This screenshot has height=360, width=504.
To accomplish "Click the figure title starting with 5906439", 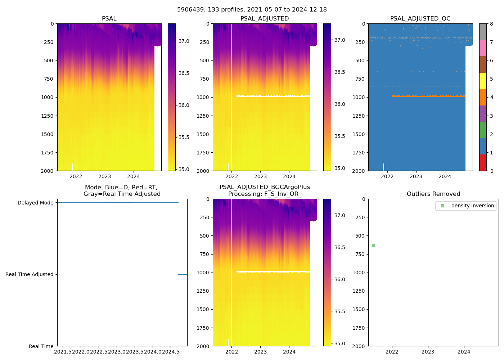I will (x=252, y=10).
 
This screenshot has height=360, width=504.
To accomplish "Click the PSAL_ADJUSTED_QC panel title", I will (x=420, y=19).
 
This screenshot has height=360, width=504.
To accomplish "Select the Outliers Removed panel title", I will (x=433, y=194).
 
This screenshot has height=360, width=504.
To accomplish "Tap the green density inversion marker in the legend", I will (x=443, y=206).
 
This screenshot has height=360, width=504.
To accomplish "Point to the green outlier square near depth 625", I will (x=373, y=245).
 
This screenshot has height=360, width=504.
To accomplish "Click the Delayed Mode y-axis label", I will (x=35, y=203).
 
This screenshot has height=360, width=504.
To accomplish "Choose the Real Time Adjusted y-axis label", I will (x=29, y=274).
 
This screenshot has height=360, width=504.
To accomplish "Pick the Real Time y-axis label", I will (x=41, y=346).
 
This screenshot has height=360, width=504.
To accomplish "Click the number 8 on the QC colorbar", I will (x=491, y=24).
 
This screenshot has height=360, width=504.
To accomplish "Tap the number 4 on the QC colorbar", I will (x=491, y=97).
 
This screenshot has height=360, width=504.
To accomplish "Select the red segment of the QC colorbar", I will (x=483, y=162).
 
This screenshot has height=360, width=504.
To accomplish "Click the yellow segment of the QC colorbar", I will (x=483, y=81).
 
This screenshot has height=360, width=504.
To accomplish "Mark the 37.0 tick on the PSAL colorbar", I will (x=184, y=41).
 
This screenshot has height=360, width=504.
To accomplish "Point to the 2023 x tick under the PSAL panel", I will (x=105, y=176).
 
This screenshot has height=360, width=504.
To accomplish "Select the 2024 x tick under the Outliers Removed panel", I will (x=464, y=352).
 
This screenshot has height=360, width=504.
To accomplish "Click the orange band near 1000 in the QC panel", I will (x=428, y=96).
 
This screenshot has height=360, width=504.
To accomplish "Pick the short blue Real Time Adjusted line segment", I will (x=183, y=274).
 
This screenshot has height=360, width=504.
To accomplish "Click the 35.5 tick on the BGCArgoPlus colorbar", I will (x=339, y=311).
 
